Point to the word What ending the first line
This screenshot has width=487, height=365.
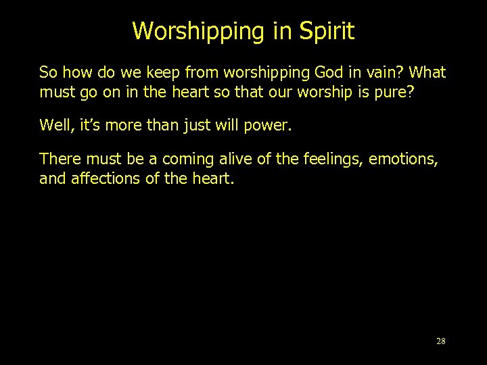427,72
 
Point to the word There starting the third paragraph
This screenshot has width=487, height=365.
57,160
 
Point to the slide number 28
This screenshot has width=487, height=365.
440,341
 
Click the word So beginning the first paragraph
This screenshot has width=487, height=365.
47,72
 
